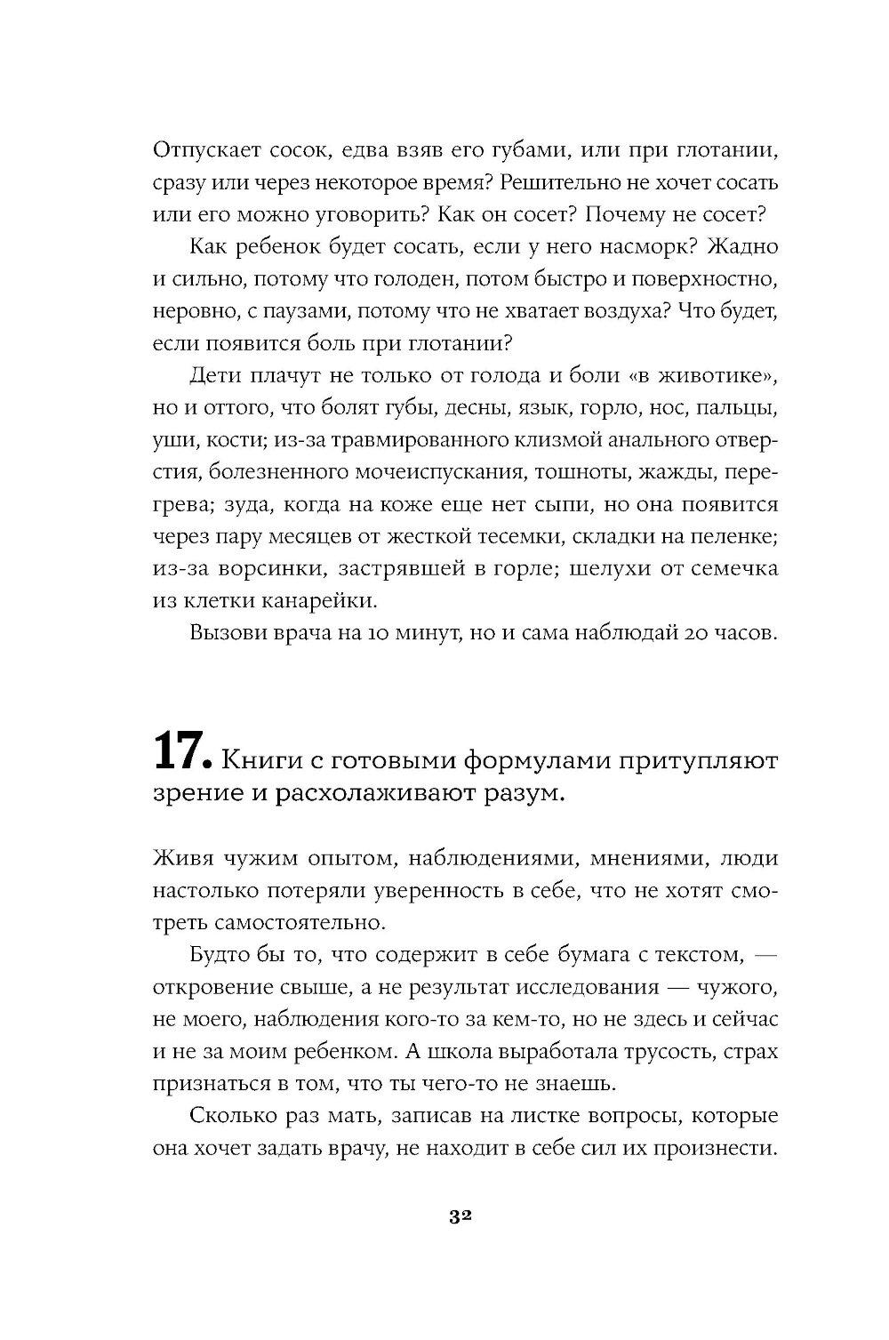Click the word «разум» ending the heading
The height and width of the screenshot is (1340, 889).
point(530,794)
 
